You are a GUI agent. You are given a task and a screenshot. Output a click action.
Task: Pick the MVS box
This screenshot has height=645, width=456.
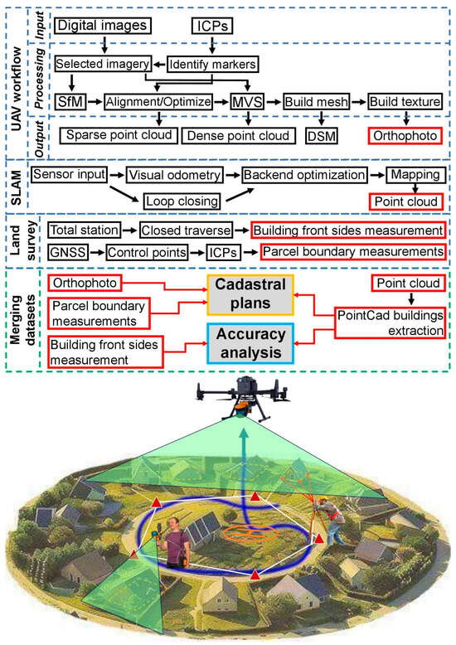pos(246,101)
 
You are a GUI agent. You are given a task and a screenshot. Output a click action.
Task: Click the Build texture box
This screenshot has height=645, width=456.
pos(404,101)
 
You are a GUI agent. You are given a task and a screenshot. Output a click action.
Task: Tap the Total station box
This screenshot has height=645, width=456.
pos(86,230)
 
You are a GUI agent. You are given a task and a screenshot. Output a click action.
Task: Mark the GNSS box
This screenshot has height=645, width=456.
pos(66,250)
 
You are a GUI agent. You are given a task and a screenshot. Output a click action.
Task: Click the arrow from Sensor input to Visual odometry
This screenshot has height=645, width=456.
pos(117,175)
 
